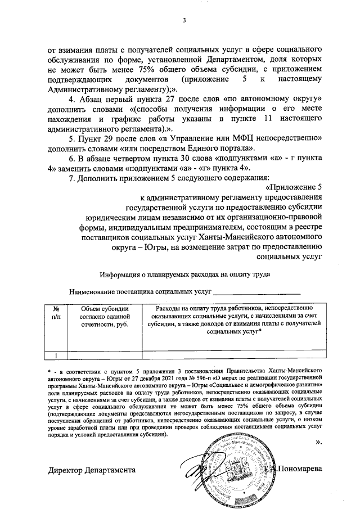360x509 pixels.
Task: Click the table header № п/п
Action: [56, 313]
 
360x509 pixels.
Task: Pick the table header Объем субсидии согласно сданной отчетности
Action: [104, 317]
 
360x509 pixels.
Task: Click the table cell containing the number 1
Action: [56, 355]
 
